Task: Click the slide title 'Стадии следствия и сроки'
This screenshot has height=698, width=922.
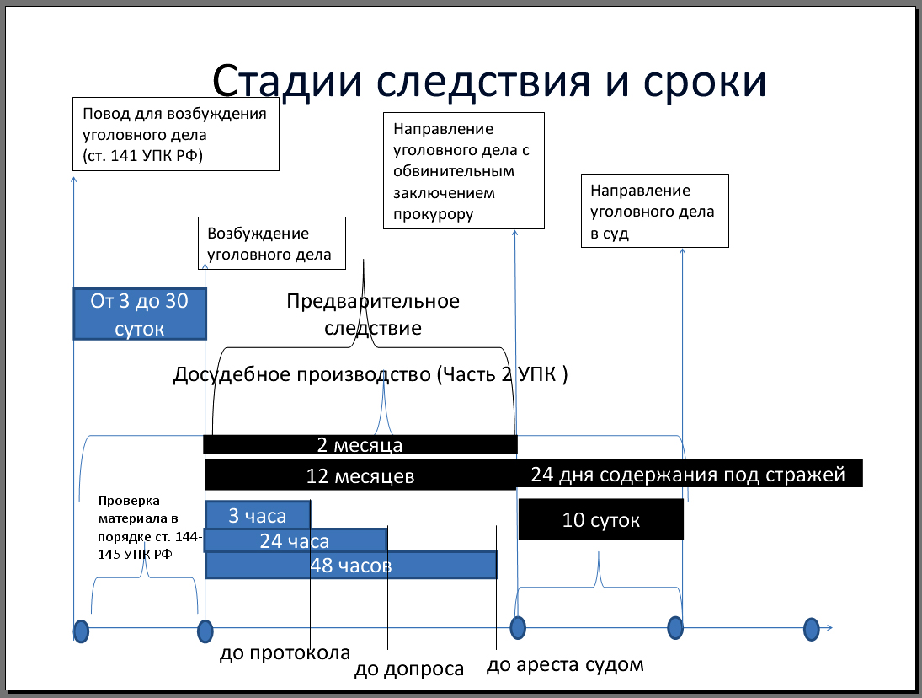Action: tap(489, 82)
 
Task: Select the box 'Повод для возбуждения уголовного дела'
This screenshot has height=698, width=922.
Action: tap(176, 135)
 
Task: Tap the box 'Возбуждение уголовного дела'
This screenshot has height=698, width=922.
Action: tap(271, 244)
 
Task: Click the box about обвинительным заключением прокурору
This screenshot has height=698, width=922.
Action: tap(464, 171)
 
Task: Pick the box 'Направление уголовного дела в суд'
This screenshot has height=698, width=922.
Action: tap(654, 212)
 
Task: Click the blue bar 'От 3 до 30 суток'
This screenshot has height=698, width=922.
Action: tap(140, 314)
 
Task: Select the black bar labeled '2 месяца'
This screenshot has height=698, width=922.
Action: tap(360, 444)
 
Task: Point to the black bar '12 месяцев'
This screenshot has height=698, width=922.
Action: tap(360, 475)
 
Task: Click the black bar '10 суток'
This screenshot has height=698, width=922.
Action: tap(600, 519)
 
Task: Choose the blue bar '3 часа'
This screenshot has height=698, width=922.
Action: tap(258, 515)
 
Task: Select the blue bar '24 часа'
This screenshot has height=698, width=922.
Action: tap(295, 540)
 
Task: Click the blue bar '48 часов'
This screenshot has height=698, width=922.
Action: tap(351, 565)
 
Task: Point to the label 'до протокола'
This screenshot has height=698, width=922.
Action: tap(285, 653)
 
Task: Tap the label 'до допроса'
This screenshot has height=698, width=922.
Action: tap(409, 669)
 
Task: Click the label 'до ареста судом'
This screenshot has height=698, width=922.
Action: tap(565, 664)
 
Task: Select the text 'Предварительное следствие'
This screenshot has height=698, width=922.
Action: tap(373, 314)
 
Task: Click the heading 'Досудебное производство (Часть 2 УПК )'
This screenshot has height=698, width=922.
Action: tap(370, 374)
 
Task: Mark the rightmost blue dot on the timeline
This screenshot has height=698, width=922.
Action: tap(811, 628)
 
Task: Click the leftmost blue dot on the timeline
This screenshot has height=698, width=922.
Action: tap(81, 631)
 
